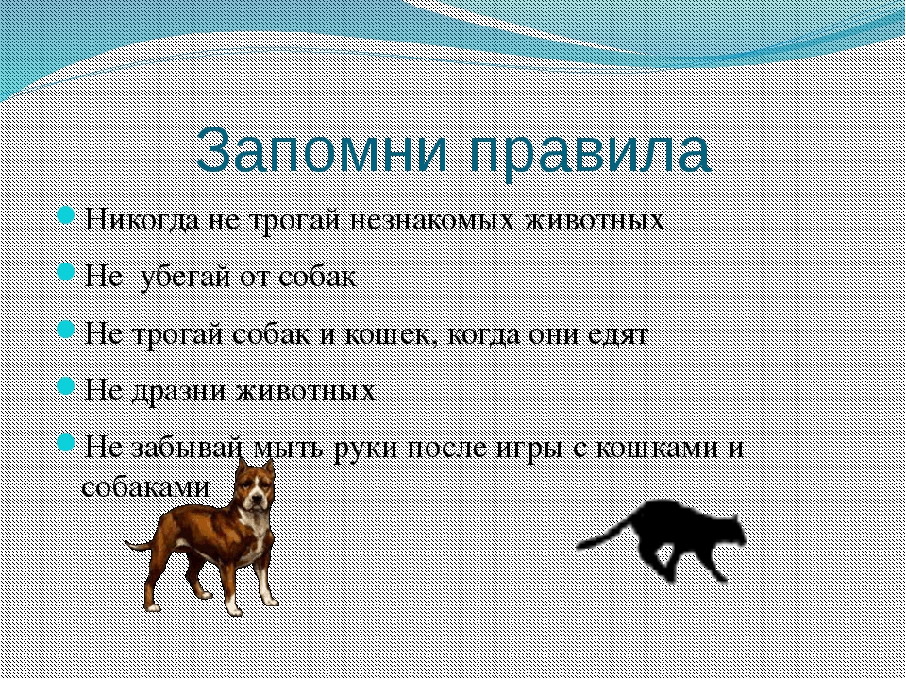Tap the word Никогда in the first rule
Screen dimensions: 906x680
[143, 220]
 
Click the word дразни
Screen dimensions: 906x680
[181, 391]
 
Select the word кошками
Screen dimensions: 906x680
[655, 448]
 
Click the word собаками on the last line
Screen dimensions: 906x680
[145, 486]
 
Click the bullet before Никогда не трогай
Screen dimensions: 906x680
[66, 216]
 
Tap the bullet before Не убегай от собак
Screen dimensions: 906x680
[66, 273]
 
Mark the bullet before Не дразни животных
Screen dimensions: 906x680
[66, 386]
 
